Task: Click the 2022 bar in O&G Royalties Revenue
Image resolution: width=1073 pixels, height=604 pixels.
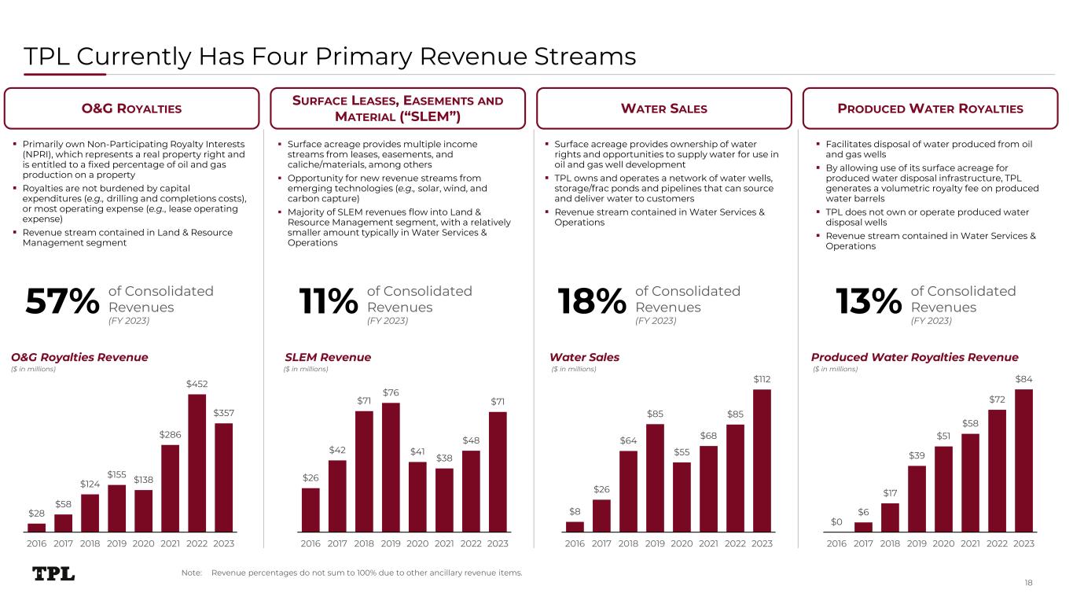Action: [x=197, y=462]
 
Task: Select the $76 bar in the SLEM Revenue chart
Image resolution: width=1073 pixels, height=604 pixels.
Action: [x=391, y=467]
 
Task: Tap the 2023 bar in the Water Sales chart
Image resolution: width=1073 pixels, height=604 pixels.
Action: [x=762, y=460]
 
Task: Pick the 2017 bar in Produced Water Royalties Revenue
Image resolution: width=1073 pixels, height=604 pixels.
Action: [x=863, y=527]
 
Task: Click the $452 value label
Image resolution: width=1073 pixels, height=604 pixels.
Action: [x=197, y=384]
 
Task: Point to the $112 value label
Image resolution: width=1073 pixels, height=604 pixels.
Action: [x=762, y=380]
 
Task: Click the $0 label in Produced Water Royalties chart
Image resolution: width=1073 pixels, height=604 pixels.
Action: [x=836, y=521]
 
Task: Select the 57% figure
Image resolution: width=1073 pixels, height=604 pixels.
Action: [x=63, y=301]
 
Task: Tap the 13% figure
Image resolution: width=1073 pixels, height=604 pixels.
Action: [x=867, y=301]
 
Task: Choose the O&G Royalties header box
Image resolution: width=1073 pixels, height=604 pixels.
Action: [x=132, y=109]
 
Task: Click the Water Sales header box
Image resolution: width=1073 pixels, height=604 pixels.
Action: [x=664, y=109]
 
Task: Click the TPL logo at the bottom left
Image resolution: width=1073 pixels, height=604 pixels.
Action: [x=54, y=573]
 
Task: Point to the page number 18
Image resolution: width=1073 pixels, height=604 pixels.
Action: [x=1029, y=582]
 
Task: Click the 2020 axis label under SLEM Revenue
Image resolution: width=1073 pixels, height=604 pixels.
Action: [x=417, y=543]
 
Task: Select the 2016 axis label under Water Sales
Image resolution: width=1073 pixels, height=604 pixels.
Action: [x=575, y=543]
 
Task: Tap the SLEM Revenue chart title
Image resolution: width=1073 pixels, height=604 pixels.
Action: [x=328, y=358]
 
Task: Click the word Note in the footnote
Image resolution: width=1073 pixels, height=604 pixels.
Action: [x=191, y=573]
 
